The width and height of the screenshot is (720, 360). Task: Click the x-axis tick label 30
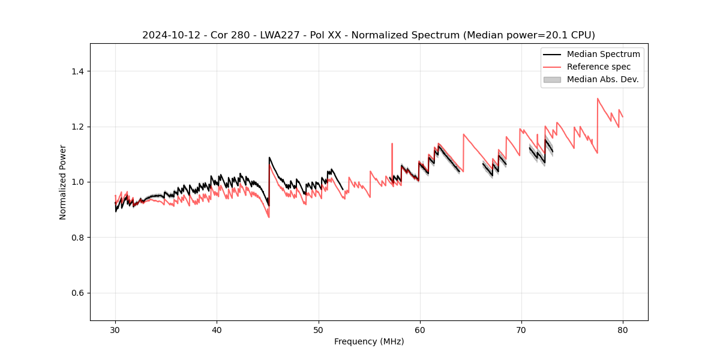[115, 329]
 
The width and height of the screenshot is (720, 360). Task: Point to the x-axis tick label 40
[217, 329]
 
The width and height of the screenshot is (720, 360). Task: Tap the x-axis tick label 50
[319, 329]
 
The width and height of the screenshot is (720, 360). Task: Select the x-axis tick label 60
[420, 329]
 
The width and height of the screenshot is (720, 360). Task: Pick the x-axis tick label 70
[521, 329]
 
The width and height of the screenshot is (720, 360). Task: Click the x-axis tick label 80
[623, 329]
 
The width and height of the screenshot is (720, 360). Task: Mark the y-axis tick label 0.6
[77, 293]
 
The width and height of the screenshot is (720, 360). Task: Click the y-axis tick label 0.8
[77, 238]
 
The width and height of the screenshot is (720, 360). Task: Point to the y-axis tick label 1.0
[77, 182]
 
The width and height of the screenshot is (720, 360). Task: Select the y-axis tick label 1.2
[77, 127]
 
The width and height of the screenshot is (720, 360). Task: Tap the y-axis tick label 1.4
[77, 71]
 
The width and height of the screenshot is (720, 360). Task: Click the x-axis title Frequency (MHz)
[369, 341]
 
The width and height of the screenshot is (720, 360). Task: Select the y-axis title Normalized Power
[62, 182]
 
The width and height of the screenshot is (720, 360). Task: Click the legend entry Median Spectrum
[603, 54]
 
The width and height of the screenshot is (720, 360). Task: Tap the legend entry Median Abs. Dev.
[602, 79]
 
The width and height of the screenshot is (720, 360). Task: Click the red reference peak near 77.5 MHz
[598, 98]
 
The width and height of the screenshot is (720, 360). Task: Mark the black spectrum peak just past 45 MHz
[269, 157]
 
